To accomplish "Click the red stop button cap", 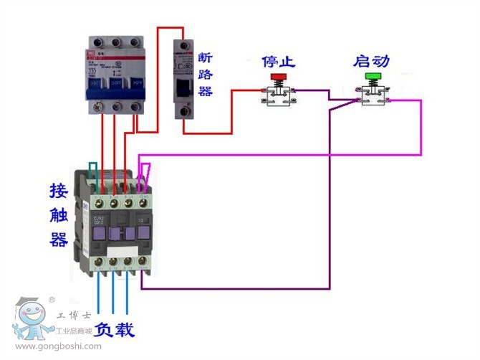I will point(277,76).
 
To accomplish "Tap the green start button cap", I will point(373,76).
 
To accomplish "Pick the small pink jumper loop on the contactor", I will point(146,171).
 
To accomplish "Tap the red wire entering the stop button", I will point(247,91).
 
